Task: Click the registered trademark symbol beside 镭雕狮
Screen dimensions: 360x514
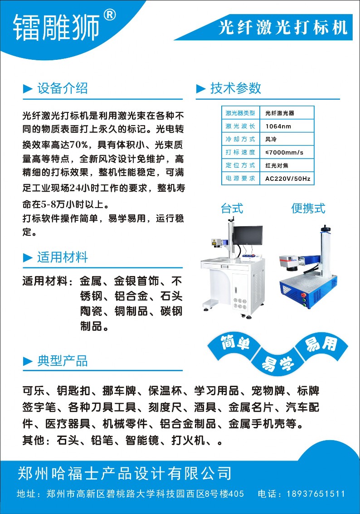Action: (x=110, y=15)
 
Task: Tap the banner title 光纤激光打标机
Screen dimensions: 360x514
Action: (x=283, y=27)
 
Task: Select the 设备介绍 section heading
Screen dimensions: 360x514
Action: (x=62, y=88)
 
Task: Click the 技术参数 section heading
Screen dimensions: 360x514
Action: (x=235, y=88)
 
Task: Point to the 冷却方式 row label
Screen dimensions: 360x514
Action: (x=240, y=139)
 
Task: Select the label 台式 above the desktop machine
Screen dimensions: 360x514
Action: (x=232, y=209)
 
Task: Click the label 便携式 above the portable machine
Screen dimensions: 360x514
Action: (x=308, y=209)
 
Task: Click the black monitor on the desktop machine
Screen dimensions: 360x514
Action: (x=248, y=235)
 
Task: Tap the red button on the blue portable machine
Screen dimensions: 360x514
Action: (x=303, y=294)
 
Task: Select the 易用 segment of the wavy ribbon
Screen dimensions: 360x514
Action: (x=321, y=344)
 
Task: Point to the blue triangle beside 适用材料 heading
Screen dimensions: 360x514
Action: (x=28, y=257)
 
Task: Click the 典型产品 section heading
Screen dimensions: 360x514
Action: (x=62, y=361)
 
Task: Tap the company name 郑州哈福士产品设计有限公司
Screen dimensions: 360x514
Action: (x=125, y=473)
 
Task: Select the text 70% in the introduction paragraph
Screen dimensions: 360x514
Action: (x=79, y=145)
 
